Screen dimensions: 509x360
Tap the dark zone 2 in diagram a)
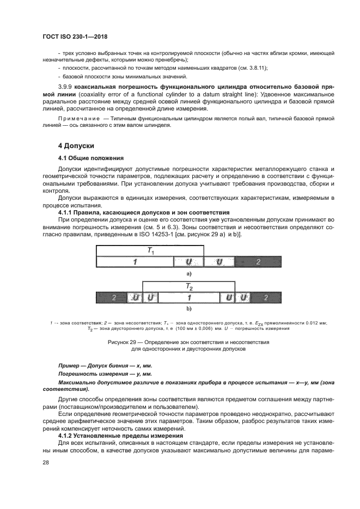pos(258,262)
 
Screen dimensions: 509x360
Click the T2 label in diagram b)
pos(188,286)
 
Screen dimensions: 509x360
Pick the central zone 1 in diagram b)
pos(188,298)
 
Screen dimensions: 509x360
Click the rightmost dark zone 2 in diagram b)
pos(265,298)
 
